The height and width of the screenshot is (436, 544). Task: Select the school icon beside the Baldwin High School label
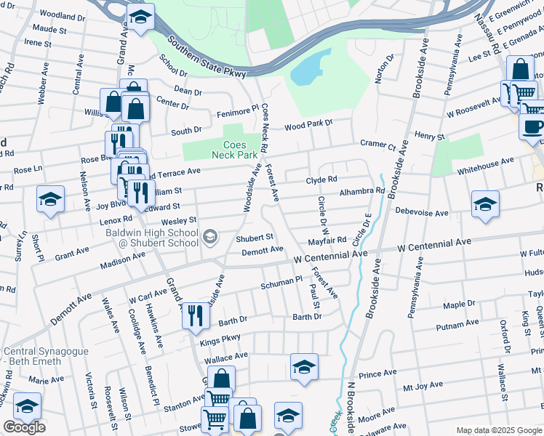tap(210, 235)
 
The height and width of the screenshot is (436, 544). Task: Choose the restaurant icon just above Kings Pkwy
tap(195, 315)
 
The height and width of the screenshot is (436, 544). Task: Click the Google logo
tap(24, 427)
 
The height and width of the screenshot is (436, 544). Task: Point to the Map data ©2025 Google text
tap(498, 430)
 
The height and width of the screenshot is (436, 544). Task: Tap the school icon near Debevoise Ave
tap(485, 203)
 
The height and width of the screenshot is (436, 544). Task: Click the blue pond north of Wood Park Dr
tap(310, 68)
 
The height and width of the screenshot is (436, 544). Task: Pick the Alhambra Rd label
tap(361, 192)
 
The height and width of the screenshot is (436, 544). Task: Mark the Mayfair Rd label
tap(326, 240)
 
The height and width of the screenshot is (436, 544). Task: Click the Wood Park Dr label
tap(308, 126)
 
